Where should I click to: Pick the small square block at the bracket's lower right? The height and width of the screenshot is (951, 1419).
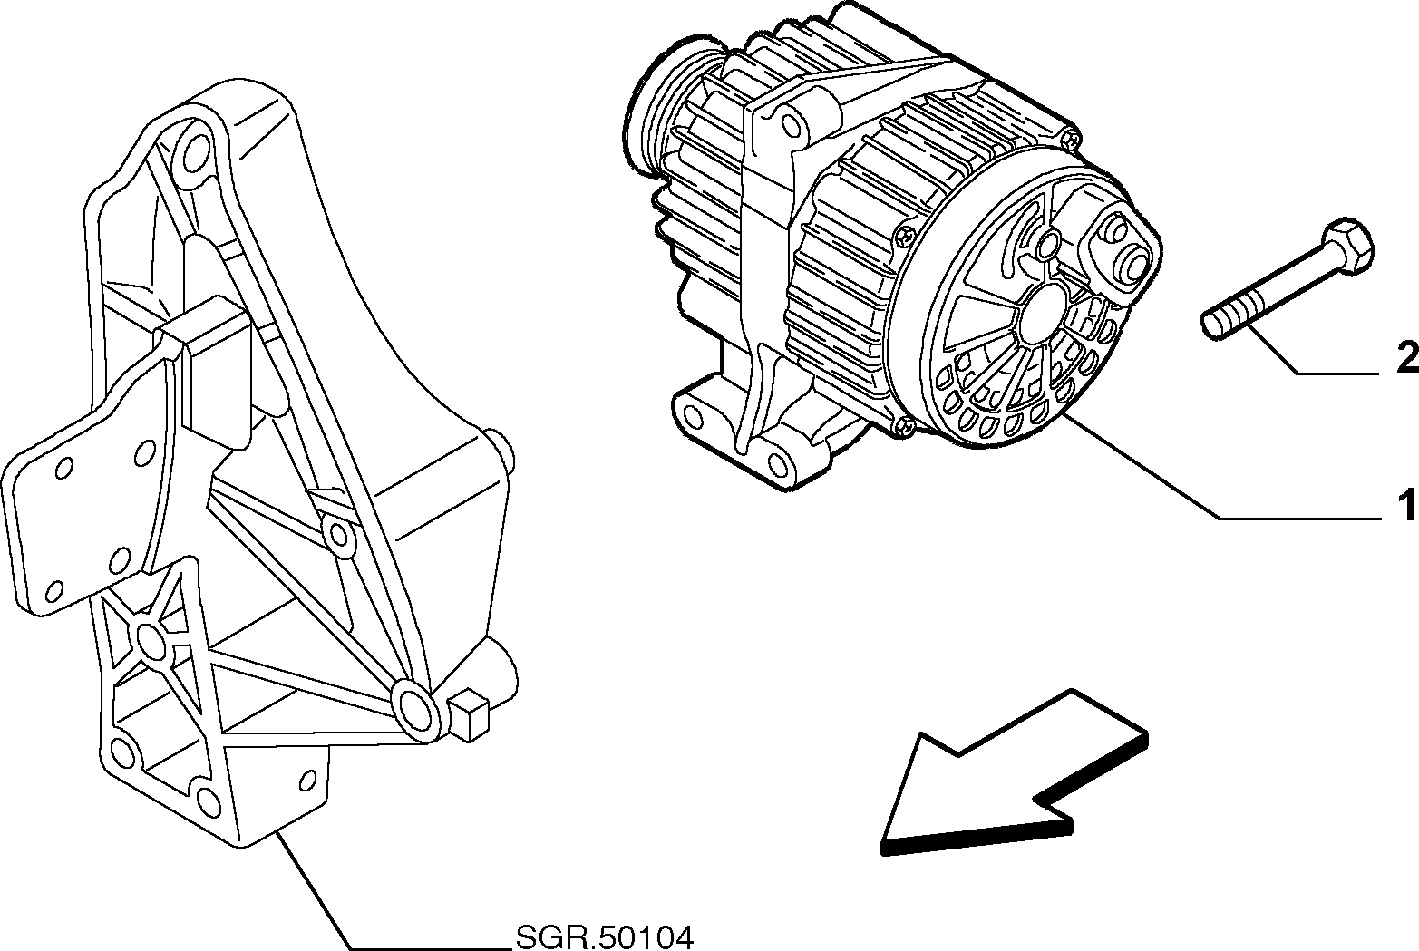(x=469, y=714)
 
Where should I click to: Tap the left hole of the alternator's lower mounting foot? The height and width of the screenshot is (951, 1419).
(x=693, y=418)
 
